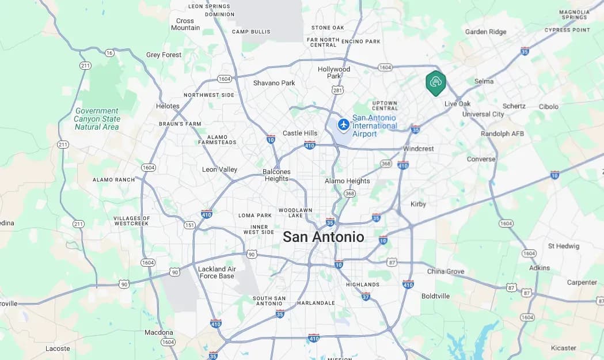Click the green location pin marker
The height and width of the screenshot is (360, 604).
pos(436,82)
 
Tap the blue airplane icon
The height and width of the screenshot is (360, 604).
pos(344,124)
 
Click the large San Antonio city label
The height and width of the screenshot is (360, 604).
pos(324,237)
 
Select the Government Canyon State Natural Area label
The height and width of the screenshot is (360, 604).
pos(97,119)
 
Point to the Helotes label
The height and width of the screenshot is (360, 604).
pos(168,106)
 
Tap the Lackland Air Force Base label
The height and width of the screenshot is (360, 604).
pos(216,272)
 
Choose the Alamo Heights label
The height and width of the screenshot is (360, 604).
pos(347,181)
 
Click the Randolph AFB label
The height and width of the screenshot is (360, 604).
pos(503,134)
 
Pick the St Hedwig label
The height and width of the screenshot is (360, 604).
pos(564,246)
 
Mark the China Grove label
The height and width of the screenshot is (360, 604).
pos(446,271)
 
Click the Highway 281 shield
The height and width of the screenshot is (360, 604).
pos(338,90)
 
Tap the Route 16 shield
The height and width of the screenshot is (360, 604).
pos(109,52)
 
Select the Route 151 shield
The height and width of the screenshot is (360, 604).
pos(189,225)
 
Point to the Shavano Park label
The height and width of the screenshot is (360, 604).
pos(274,83)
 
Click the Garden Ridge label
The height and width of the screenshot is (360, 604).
pos(485,32)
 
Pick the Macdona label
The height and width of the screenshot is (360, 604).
pos(158,332)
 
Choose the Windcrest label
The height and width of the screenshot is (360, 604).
pos(418,149)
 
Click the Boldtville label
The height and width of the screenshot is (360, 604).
pos(435,296)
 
